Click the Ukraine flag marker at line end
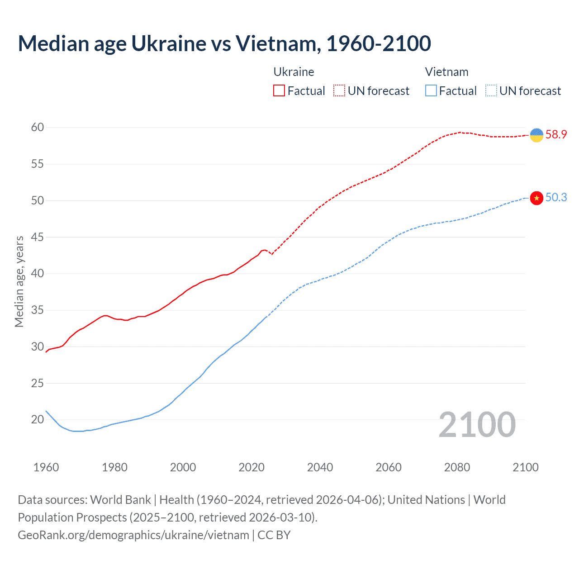536,135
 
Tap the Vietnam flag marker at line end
536,198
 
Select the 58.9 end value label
556,134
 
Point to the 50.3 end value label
556,198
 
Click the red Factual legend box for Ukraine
279,91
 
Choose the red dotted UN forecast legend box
339,91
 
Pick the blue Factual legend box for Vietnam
431,91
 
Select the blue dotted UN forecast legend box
491,91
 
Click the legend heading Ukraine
294,72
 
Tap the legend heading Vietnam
446,72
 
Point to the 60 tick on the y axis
38,128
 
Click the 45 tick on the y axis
38,237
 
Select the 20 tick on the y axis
38,420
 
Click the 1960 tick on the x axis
46,467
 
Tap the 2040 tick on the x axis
320,467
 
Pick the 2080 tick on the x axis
457,467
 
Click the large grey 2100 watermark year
477,425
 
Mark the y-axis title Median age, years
19,281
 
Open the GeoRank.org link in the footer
133,535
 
